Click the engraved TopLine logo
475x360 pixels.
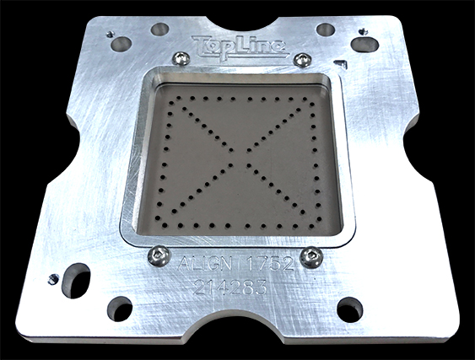(240, 47)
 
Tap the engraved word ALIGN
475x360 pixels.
(205, 263)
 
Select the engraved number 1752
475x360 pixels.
(270, 263)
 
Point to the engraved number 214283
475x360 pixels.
(230, 287)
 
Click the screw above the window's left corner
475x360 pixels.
(181, 58)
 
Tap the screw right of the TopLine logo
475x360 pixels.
(302, 59)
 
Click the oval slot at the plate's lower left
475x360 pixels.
(75, 280)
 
